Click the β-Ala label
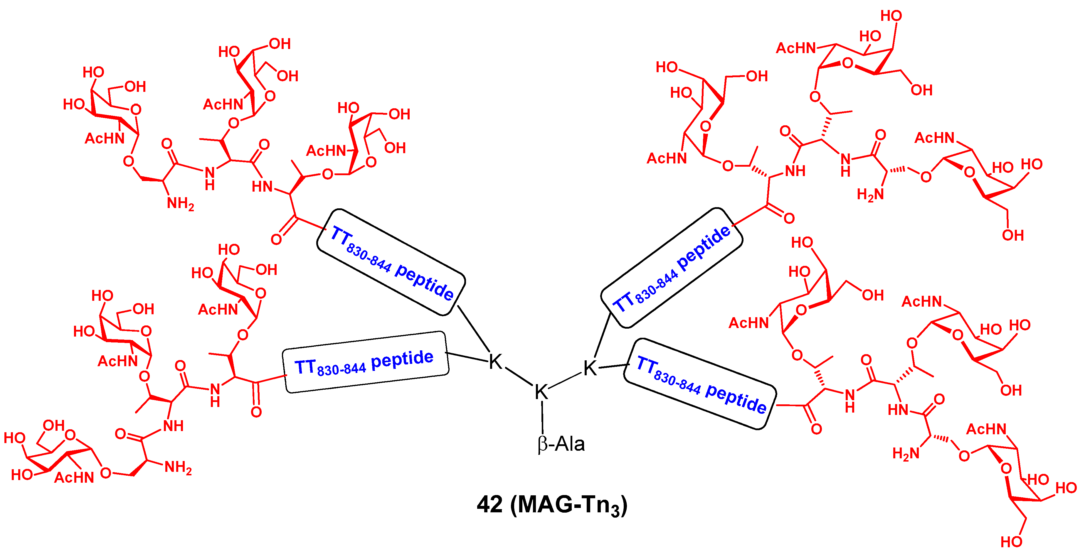click(x=561, y=445)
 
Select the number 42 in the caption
click(x=489, y=504)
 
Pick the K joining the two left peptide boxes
click(x=495, y=362)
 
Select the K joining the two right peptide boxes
click(x=590, y=368)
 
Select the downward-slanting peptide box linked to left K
click(x=391, y=262)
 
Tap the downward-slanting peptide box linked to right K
click(x=700, y=384)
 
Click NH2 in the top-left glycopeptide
click(x=180, y=204)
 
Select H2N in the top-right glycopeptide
click(x=870, y=195)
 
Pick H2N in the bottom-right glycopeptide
click(x=906, y=453)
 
